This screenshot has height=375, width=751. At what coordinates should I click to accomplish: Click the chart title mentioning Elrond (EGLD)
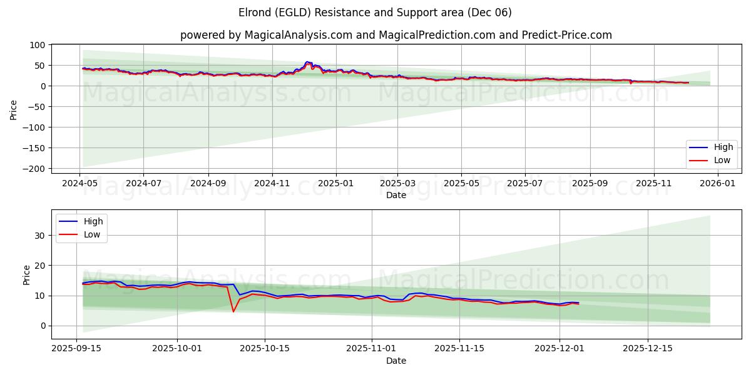tap(375, 12)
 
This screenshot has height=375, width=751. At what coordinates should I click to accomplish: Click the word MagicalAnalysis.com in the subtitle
tap(300, 35)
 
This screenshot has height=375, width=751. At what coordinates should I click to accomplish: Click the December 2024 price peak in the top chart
tap(307, 62)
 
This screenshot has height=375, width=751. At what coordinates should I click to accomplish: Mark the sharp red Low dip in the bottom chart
tap(233, 311)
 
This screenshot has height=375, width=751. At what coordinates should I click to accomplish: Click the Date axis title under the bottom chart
tap(396, 361)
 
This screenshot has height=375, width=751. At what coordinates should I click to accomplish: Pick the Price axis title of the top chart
tap(14, 110)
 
